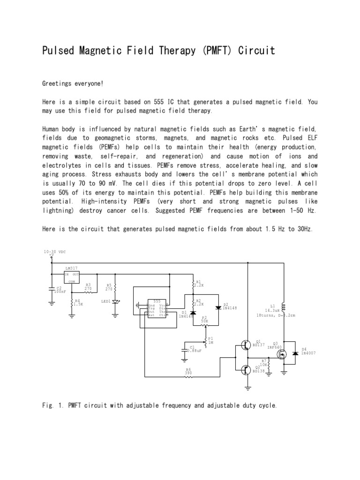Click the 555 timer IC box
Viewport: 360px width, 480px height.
tap(158, 308)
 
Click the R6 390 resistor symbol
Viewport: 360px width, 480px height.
tap(188, 376)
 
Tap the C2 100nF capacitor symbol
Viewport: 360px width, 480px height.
tap(52, 290)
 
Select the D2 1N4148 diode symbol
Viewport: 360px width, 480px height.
tap(217, 307)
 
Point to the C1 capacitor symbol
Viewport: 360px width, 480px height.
tap(183, 349)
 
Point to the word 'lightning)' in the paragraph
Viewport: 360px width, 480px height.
tap(60, 211)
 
